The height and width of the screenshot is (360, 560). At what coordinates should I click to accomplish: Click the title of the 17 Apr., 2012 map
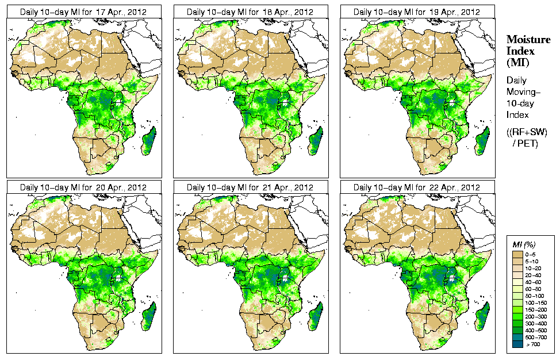pyautogui.click(x=83, y=12)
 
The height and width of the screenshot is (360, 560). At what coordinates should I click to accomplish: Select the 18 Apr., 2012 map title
pyautogui.click(x=250, y=12)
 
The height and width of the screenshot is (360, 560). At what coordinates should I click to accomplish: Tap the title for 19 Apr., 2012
pyautogui.click(x=416, y=12)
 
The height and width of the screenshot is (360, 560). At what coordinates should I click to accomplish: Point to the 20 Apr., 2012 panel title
pyautogui.click(x=83, y=187)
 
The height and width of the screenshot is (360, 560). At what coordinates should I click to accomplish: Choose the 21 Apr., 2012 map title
pyautogui.click(x=250, y=187)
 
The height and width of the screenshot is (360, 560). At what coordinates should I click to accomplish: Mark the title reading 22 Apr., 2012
pyautogui.click(x=416, y=187)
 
